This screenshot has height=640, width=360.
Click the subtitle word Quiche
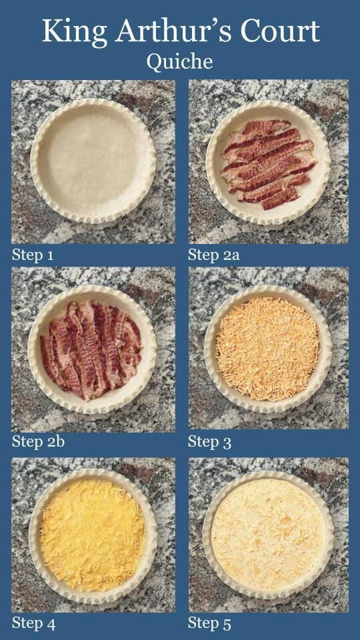click(x=179, y=62)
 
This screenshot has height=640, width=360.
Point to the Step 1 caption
click(x=33, y=255)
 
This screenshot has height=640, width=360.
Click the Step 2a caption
click(x=213, y=255)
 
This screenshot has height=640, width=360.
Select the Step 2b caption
click(x=38, y=441)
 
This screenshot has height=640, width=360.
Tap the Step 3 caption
click(x=209, y=441)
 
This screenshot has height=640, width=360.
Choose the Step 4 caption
click(x=33, y=623)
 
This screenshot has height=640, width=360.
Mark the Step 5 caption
click(x=209, y=624)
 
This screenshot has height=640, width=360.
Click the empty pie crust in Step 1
click(x=93, y=161)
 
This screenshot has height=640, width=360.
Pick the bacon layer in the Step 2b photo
click(x=91, y=350)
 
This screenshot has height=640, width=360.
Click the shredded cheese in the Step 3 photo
click(x=267, y=349)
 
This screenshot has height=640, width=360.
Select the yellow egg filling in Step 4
click(x=92, y=535)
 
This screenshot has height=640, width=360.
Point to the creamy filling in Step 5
click(x=268, y=535)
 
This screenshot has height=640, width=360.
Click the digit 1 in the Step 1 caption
click(x=50, y=256)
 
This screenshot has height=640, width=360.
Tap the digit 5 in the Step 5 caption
click(x=227, y=625)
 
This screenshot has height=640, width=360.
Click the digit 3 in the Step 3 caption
click(x=227, y=443)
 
